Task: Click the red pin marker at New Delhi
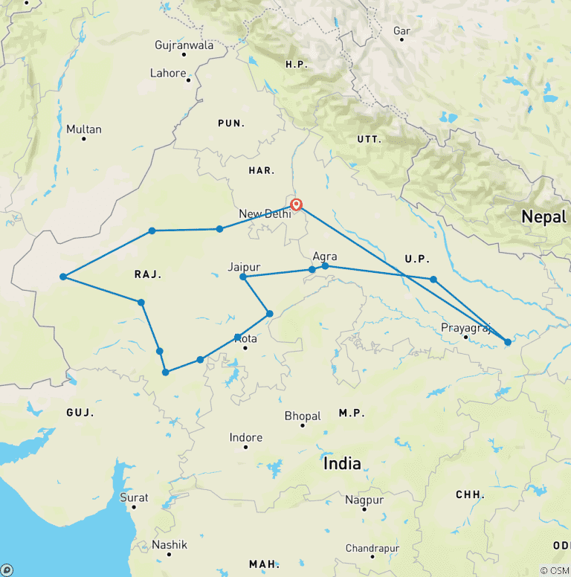point(296,204)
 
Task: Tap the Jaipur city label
point(244,265)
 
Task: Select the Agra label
point(325,256)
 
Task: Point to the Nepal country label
point(538,217)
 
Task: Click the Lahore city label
point(168,73)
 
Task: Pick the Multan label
point(83,129)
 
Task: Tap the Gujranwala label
point(184,45)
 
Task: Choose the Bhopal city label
point(303,416)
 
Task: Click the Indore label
point(246,437)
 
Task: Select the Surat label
point(134,497)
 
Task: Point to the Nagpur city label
point(364,500)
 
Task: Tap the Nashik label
point(169,544)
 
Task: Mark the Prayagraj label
point(465,327)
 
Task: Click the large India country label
point(342,464)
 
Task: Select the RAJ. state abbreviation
point(147,274)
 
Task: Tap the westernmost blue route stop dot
point(63,277)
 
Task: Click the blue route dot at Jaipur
point(243,277)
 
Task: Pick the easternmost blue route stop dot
point(508,342)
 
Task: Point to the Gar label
point(401,30)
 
